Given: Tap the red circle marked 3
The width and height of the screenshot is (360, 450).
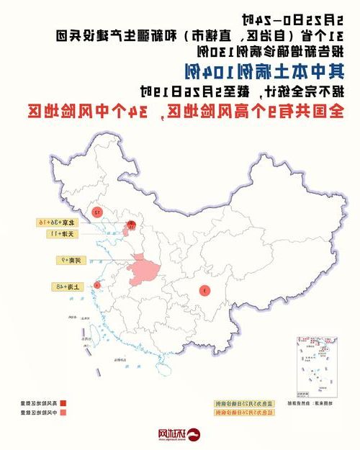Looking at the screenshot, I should (204, 291).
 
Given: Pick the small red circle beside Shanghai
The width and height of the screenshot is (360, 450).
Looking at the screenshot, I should (96, 286).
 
